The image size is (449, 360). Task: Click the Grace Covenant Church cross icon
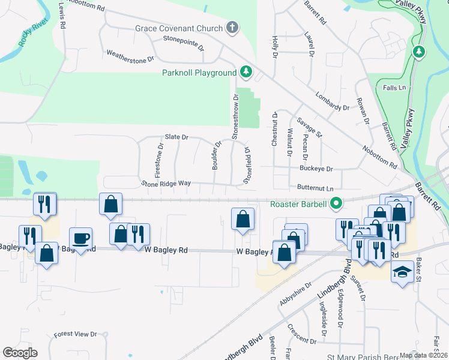(232, 28)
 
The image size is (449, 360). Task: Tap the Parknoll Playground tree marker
(246, 73)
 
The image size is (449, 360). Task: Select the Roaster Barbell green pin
(336, 204)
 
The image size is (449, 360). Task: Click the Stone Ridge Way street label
(166, 183)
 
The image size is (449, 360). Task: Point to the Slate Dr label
(176, 137)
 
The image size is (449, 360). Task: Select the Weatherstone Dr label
(130, 56)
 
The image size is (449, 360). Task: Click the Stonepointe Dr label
(184, 43)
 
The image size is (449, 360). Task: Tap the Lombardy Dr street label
(333, 101)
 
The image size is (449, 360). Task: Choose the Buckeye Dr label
(317, 169)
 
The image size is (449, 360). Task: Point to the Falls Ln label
(394, 88)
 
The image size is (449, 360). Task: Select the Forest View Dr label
(75, 334)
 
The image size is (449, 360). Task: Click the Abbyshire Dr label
(295, 295)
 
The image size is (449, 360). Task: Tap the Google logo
(20, 353)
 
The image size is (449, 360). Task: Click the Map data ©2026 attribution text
(423, 355)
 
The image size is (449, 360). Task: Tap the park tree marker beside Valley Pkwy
(419, 52)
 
